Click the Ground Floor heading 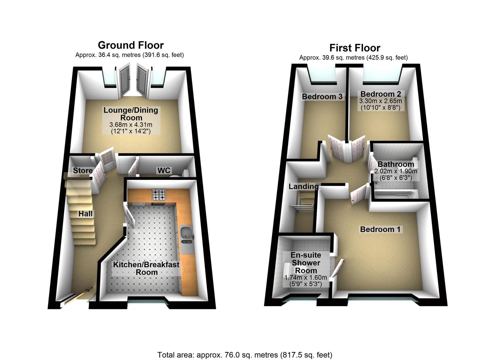(131, 45)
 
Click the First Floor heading (355, 48)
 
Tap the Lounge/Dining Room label (131, 114)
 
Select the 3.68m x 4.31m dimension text (131, 125)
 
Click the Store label (83, 171)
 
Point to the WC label (164, 171)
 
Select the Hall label (86, 214)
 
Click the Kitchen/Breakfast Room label (146, 268)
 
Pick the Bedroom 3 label (322, 97)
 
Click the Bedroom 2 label (381, 94)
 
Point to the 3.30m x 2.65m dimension (380, 101)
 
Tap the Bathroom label (396, 164)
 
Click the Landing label (303, 187)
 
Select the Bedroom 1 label (380, 229)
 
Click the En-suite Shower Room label (306, 263)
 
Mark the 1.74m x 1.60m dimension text (305, 277)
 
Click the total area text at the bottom (245, 355)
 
